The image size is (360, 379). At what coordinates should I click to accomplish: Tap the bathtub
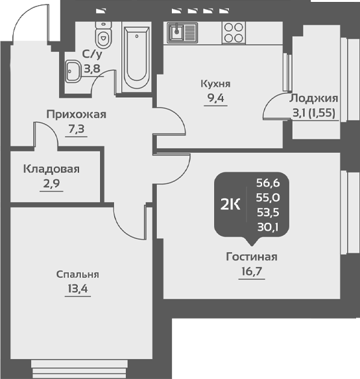point(136,58)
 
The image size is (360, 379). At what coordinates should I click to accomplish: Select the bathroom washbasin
point(73,71)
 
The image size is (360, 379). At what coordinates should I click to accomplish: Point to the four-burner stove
point(234,33)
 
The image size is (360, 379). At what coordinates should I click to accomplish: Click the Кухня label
point(215,84)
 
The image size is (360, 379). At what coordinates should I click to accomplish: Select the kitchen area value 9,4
point(215,98)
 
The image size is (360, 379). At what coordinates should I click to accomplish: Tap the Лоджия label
point(314,99)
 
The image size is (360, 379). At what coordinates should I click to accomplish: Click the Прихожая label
point(76,115)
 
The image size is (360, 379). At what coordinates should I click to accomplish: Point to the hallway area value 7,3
point(76,129)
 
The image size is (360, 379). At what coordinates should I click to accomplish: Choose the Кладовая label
point(51,169)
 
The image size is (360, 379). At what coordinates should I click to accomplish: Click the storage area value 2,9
point(51,184)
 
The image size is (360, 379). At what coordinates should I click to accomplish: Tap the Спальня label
point(78,275)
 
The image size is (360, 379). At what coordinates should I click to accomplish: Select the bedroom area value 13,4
point(78,289)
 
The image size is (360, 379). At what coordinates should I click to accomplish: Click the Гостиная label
point(252,257)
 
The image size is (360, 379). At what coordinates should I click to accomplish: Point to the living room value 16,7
point(252,271)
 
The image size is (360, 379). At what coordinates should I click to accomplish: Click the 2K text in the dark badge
point(230,205)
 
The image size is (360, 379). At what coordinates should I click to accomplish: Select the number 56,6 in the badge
point(268,183)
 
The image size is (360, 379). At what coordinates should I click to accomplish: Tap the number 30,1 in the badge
point(268,227)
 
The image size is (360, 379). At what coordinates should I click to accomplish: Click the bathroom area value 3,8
point(92,69)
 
